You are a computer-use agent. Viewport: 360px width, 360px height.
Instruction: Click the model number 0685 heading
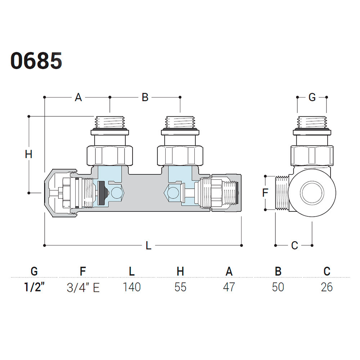(36, 60)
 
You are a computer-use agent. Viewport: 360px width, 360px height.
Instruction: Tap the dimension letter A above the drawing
(78, 97)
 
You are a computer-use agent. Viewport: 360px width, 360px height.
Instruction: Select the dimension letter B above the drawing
(145, 97)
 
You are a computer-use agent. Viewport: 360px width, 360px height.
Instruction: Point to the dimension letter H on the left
(29, 154)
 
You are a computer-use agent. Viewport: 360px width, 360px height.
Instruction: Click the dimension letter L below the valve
(148, 246)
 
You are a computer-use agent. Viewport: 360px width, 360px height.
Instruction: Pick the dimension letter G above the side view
(312, 97)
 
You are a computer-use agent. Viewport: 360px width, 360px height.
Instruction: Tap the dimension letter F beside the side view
(265, 193)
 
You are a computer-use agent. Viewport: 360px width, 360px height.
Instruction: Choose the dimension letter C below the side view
(294, 246)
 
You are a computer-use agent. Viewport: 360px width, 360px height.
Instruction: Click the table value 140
(131, 287)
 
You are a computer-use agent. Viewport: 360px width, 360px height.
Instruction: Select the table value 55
(180, 287)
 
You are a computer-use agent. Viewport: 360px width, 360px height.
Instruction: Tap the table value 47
(229, 287)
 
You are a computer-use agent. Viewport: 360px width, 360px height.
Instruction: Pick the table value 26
(326, 287)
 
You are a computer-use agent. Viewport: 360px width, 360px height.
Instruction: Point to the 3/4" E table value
(83, 287)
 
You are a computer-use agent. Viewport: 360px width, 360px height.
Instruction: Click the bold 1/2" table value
(35, 287)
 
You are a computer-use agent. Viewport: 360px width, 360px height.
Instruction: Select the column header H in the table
(180, 271)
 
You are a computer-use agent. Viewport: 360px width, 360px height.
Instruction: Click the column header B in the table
(278, 271)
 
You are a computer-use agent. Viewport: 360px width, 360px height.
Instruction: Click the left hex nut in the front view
(110, 155)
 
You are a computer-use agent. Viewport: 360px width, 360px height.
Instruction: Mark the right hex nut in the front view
(180, 155)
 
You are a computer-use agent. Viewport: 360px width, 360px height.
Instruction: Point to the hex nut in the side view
(312, 155)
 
